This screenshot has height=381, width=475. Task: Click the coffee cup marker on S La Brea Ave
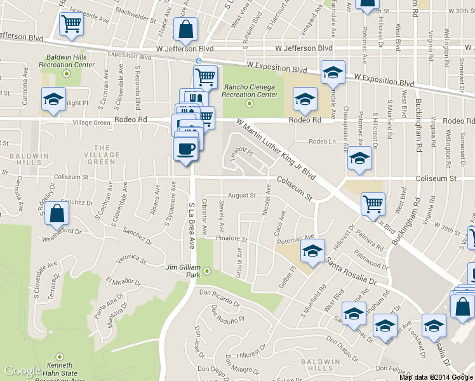pos(185,149)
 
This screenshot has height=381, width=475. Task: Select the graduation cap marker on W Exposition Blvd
pos(332,73)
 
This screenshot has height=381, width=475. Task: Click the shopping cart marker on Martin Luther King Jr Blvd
pos(373,204)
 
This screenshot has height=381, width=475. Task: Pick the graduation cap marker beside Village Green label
pos(54,100)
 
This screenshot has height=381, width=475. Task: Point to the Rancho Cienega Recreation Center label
pos(250,91)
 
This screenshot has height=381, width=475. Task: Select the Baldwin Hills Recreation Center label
pos(70,60)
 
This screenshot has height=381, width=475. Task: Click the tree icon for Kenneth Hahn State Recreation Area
pos(60,356)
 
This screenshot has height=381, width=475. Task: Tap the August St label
pos(241,196)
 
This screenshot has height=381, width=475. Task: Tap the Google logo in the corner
pos(23,371)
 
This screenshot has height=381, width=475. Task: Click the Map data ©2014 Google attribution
pos(436,377)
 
